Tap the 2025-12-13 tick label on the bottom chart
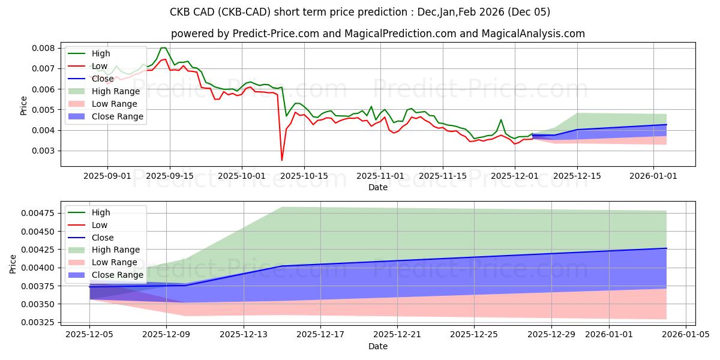tap(244, 334)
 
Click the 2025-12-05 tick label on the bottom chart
tap(89, 334)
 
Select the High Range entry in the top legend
tap(115, 91)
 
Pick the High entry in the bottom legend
tap(101, 212)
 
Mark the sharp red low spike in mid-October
tap(282, 160)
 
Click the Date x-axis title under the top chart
tap(378, 187)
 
